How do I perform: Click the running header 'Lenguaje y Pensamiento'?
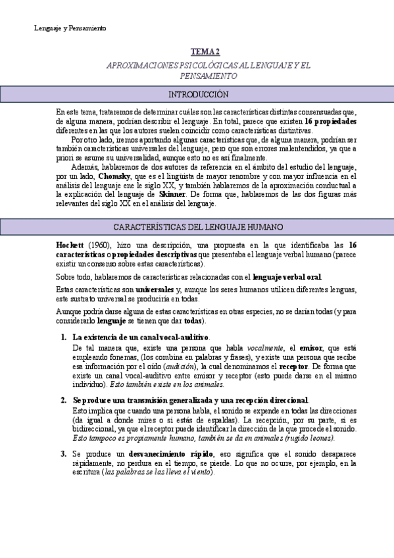(70, 28)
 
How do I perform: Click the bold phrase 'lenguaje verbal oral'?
(287, 277)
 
